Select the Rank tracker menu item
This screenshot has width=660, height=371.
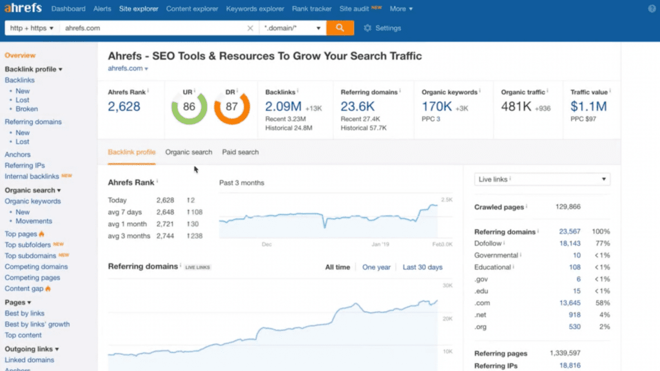pyautogui.click(x=312, y=9)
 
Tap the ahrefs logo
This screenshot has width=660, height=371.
pyautogui.click(x=23, y=9)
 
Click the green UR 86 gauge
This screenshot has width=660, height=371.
pyautogui.click(x=189, y=107)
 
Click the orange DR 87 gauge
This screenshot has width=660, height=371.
pyautogui.click(x=232, y=107)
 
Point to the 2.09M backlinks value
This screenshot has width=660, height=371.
pyautogui.click(x=282, y=106)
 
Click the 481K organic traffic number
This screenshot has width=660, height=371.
pyautogui.click(x=516, y=106)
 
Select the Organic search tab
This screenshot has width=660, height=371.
pyautogui.click(x=189, y=153)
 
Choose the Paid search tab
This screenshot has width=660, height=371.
pyautogui.click(x=240, y=153)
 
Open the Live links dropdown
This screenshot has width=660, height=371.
pyautogui.click(x=542, y=180)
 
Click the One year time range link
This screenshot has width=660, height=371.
pyautogui.click(x=376, y=267)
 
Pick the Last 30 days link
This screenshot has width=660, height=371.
pyautogui.click(x=422, y=267)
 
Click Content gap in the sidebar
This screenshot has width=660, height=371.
pyautogui.click(x=24, y=289)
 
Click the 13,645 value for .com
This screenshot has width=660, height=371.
pyautogui.click(x=569, y=303)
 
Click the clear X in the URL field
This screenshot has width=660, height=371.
pyautogui.click(x=251, y=28)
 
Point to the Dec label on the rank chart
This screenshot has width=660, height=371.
pyautogui.click(x=267, y=245)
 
